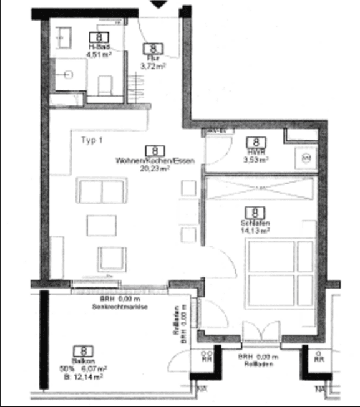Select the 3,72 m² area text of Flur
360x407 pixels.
pos(152,64)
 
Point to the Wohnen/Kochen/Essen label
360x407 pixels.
pos(155,160)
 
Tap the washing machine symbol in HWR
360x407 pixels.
pos(306,158)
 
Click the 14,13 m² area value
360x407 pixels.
pos(254,231)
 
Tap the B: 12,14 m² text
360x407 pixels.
pos(80,376)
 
